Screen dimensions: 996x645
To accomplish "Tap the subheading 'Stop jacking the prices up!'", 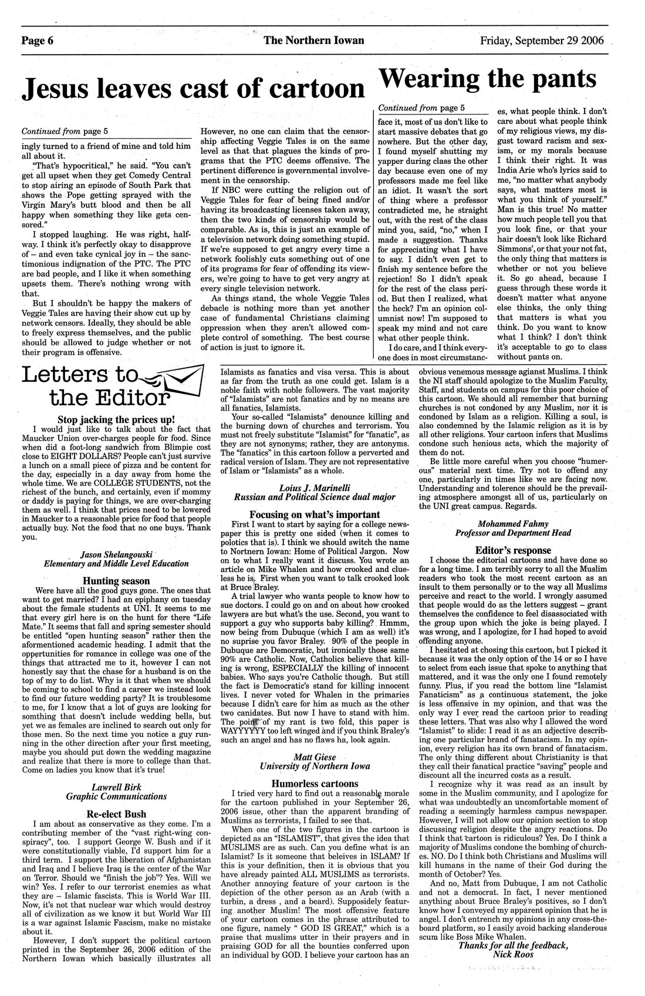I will [116, 419].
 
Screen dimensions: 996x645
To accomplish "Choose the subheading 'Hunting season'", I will [116, 581].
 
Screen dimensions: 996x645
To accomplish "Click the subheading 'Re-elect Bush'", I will [116, 814].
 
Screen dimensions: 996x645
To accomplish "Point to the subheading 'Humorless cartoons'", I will [315, 783].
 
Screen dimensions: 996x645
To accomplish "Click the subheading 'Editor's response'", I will [513, 550].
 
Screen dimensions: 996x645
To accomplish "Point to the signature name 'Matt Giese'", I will [315, 756].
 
